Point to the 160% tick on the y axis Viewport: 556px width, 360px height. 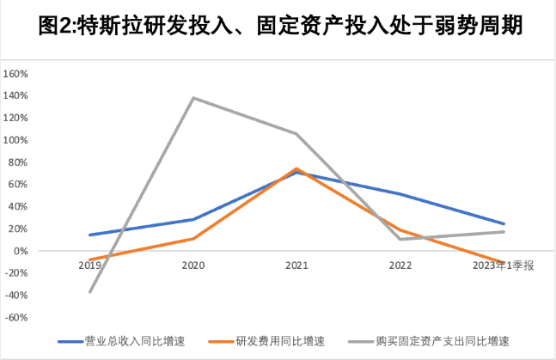coord(17,74)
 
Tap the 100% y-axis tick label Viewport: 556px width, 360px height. coord(17,140)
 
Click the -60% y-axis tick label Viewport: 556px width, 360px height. coord(17,317)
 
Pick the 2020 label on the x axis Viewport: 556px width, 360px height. coord(192,266)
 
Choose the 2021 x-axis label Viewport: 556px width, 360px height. coord(296,266)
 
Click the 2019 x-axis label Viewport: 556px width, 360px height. coord(89,266)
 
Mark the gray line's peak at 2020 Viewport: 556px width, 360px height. coord(192,98)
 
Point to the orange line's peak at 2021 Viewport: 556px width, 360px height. coord(296,168)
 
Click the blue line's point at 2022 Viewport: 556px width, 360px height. coord(400,193)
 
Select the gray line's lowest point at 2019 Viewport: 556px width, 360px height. coord(89,292)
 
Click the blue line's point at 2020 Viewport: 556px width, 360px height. coord(192,219)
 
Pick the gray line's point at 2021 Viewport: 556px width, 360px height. coord(296,133)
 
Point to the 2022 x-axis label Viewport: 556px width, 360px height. coord(400,266)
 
